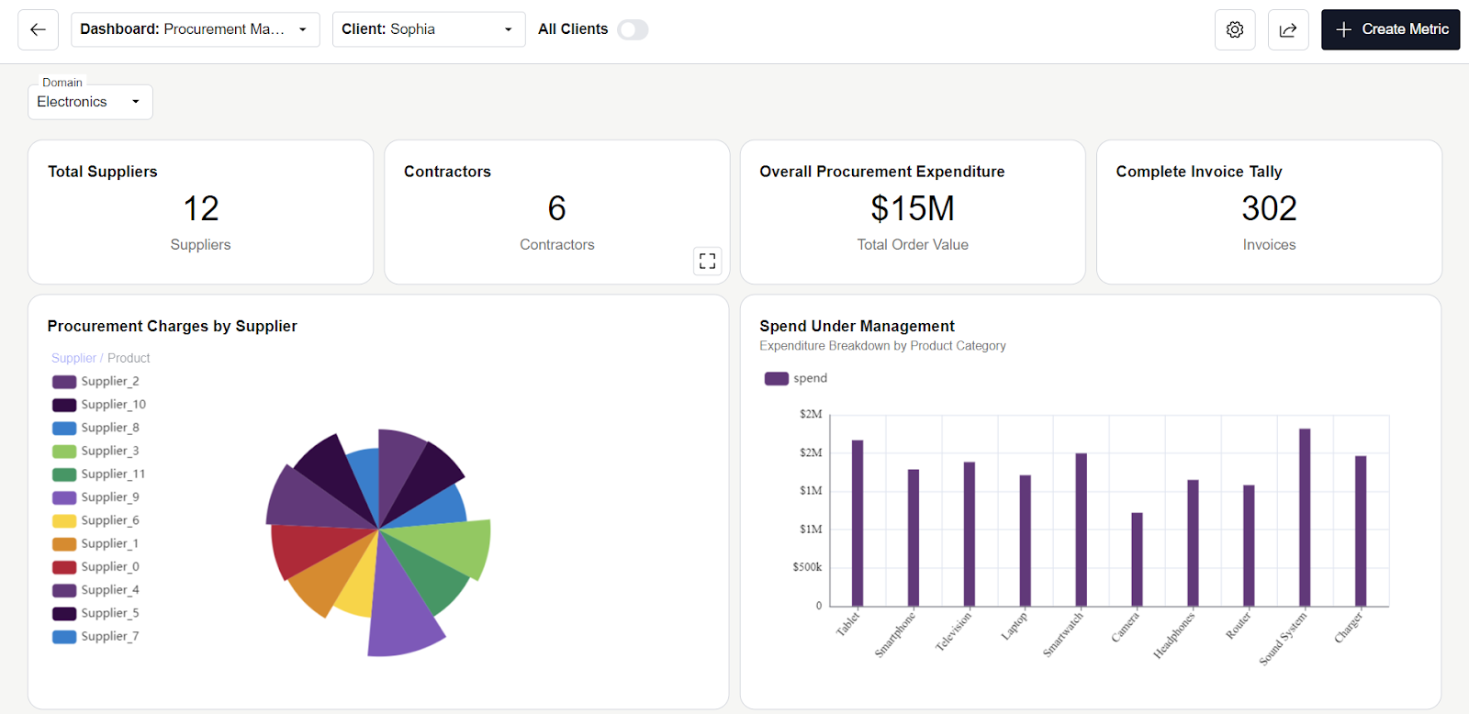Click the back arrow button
[x=38, y=29]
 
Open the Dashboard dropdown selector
[x=195, y=29]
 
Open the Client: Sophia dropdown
[x=428, y=29]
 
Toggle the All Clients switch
[x=633, y=29]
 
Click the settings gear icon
[x=1235, y=29]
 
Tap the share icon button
[x=1288, y=29]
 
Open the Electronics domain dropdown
[x=90, y=102]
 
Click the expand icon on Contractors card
[x=707, y=261]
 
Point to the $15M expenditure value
[x=913, y=208]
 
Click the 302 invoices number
[x=1269, y=208]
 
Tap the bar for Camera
[x=1137, y=559]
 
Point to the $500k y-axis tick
[x=807, y=567]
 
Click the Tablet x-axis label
[x=848, y=623]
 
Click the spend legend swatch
[x=777, y=378]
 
